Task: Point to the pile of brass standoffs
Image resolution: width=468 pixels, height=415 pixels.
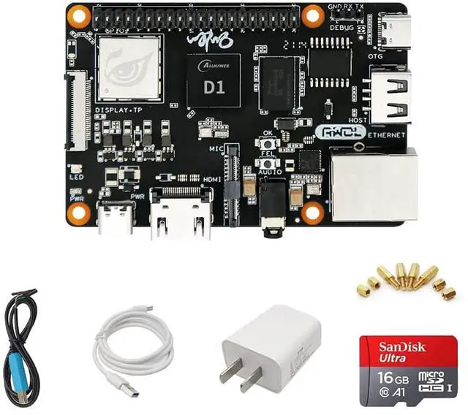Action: (407, 281)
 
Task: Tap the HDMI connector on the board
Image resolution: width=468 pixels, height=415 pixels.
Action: (181, 213)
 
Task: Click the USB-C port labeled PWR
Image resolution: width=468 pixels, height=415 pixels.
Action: (115, 218)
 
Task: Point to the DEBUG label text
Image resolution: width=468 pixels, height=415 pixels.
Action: (342, 27)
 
